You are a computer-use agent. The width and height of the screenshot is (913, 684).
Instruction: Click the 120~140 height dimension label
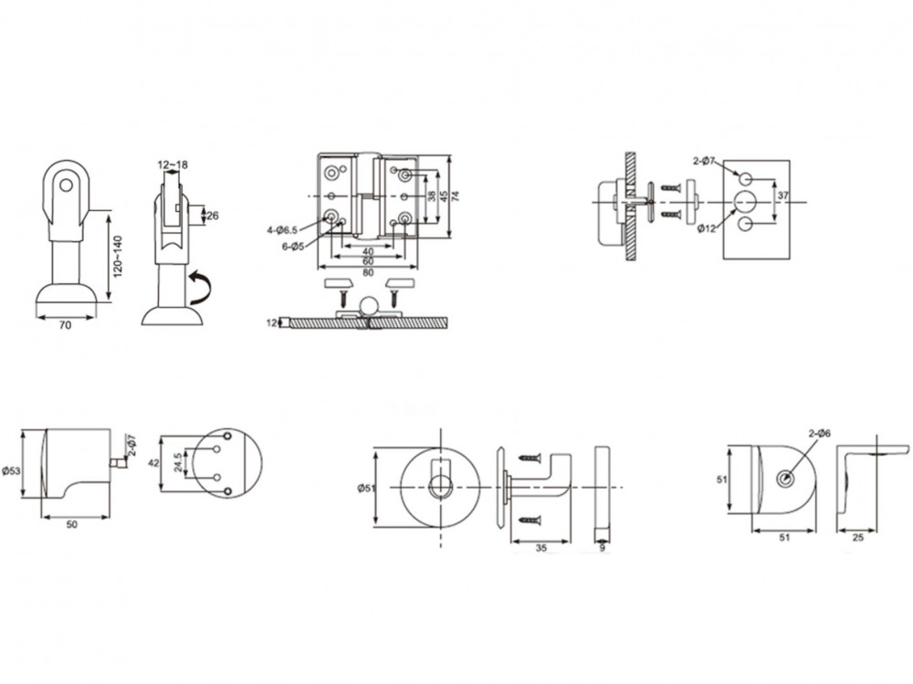118,257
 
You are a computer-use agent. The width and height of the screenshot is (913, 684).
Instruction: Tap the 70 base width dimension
65,325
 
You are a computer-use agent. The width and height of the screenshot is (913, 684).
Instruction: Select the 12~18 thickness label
173,165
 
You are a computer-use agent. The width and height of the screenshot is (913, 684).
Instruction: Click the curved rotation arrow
199,287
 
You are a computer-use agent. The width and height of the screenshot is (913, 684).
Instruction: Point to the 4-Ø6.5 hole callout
282,230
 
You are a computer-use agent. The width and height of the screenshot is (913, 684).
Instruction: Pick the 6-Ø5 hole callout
293,247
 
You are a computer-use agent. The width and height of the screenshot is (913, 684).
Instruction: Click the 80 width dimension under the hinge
368,273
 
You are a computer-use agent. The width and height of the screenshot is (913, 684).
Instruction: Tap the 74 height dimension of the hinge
456,195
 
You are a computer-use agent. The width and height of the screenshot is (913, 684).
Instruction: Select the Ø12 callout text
707,229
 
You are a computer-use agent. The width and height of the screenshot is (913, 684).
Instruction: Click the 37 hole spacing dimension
782,195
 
